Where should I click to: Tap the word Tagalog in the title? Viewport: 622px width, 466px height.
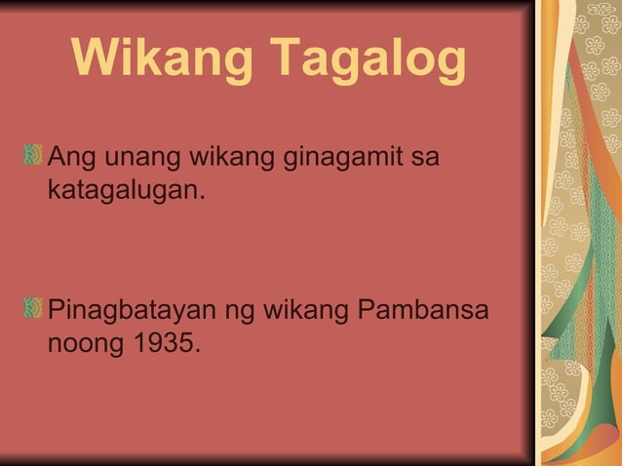click(368, 60)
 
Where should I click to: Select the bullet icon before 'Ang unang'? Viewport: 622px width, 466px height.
click(34, 155)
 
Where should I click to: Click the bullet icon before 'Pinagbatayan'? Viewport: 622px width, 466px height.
click(34, 311)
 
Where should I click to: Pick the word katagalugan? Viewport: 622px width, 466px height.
click(126, 189)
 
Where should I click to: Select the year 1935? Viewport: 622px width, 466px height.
click(163, 345)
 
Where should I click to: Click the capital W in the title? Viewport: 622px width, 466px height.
click(96, 60)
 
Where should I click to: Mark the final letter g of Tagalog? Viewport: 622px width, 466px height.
click(449, 64)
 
